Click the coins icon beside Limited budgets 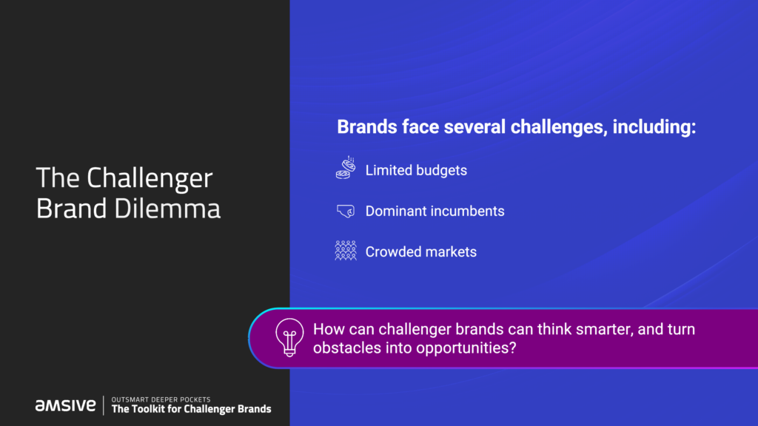(346, 168)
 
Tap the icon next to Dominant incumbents (346, 211)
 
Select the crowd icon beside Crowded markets (346, 251)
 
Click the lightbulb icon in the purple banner (289, 337)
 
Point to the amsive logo (66, 405)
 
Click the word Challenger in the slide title (150, 178)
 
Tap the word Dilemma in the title (167, 209)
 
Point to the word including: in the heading (654, 127)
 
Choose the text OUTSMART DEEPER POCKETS (161, 399)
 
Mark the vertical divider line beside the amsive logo (104, 405)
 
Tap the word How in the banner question (329, 329)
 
